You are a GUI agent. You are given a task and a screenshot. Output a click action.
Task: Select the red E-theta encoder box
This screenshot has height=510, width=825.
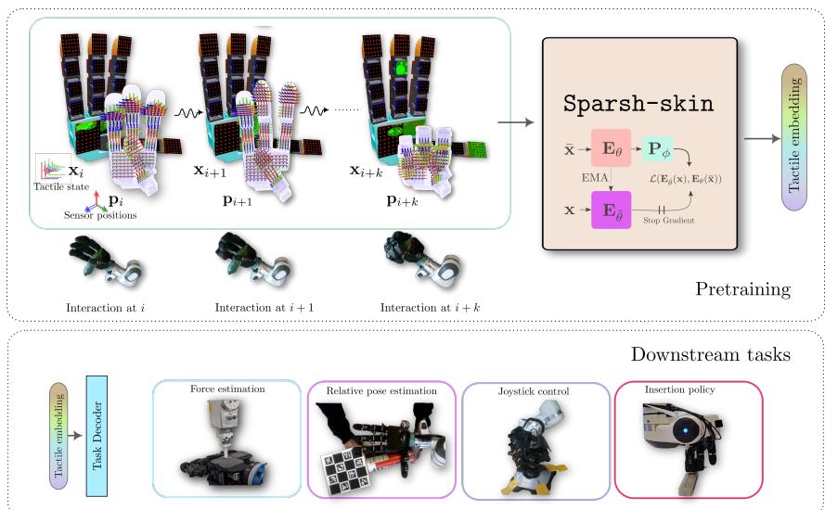[610, 147]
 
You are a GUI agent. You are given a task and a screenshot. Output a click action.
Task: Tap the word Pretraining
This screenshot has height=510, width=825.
[742, 290]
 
